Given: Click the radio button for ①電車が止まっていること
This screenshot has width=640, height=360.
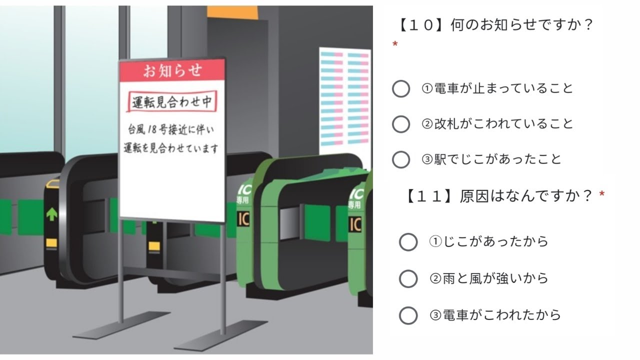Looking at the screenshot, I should (401, 89).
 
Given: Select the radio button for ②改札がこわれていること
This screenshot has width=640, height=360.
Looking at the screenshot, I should (401, 124).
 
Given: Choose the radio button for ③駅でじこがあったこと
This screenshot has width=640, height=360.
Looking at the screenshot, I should (401, 159).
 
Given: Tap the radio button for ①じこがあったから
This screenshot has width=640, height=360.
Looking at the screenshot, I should (408, 242).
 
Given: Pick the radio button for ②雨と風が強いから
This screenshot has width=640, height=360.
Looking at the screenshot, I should (408, 278).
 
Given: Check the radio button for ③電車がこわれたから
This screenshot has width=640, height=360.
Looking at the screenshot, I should (408, 315).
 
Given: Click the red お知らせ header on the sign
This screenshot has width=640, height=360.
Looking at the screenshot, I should (172, 70).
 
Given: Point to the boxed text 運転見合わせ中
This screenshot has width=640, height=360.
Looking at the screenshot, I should (172, 103).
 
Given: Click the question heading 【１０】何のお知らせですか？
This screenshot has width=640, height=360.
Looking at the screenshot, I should (495, 24).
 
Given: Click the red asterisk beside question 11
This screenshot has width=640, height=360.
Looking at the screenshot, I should (602, 193).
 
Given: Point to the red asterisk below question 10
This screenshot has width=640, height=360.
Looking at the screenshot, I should (395, 44).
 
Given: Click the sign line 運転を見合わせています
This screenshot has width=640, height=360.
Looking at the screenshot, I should (171, 148).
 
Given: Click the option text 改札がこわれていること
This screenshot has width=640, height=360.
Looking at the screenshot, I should (503, 124).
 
